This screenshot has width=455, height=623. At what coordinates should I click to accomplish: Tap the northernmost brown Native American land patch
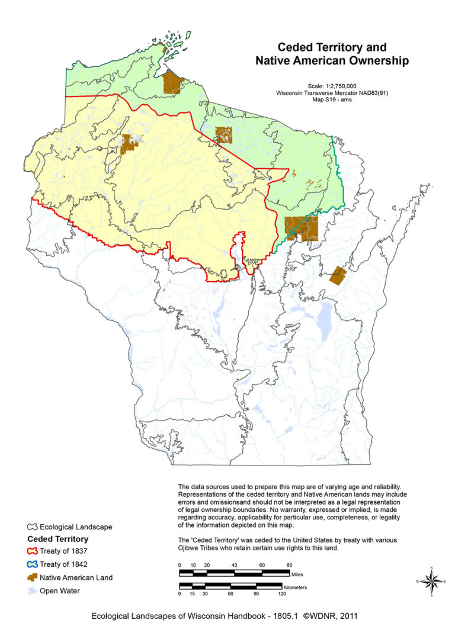click(172, 82)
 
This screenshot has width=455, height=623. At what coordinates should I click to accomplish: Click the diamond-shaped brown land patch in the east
click(338, 275)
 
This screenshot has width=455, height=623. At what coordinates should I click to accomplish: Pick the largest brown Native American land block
click(301, 228)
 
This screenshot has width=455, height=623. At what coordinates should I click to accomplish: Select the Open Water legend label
click(60, 590)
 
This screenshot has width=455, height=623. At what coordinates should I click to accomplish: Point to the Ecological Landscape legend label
click(76, 526)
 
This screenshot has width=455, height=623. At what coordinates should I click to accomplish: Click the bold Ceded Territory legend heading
click(58, 539)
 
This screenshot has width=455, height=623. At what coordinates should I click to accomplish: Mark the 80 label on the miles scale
click(290, 565)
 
